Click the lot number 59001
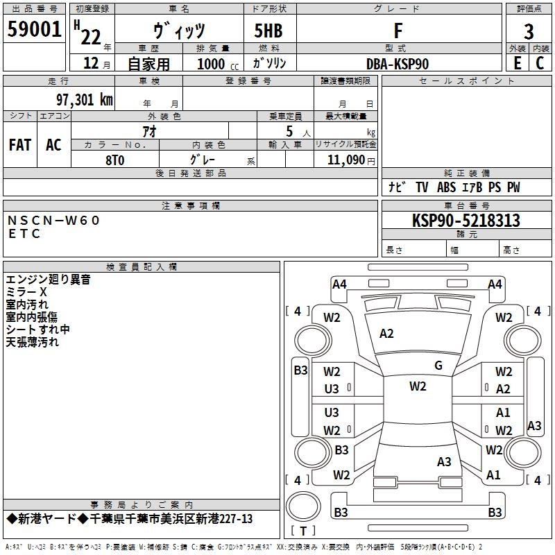(x=34, y=29)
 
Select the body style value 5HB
(x=268, y=31)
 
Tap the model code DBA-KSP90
(x=398, y=64)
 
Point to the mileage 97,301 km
(x=84, y=100)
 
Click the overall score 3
(x=529, y=32)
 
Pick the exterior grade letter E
(x=518, y=63)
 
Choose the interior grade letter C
(x=540, y=63)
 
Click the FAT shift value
(x=20, y=145)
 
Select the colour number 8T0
(x=115, y=160)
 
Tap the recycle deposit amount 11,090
(x=345, y=160)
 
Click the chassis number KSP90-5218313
(x=466, y=221)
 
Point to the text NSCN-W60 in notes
(x=53, y=221)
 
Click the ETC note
(x=24, y=234)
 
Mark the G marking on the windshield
(x=438, y=366)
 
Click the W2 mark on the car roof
(x=418, y=386)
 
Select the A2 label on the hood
(x=386, y=334)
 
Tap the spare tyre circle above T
(x=303, y=506)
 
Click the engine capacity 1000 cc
(x=218, y=64)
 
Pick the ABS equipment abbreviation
(x=446, y=187)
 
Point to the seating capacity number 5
(x=289, y=131)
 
